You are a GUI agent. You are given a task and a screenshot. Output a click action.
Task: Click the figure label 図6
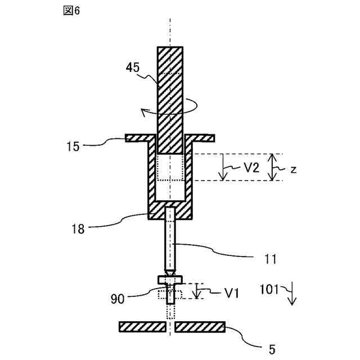point(72,12)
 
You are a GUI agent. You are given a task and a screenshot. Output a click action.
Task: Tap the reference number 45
point(133,67)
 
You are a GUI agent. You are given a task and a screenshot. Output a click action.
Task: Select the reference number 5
point(272,349)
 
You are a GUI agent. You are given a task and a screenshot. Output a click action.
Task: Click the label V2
point(251,167)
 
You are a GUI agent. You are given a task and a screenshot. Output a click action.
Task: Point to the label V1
point(232,292)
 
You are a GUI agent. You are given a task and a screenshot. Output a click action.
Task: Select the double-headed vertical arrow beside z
point(272,167)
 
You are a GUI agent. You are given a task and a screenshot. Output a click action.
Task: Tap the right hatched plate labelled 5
point(200,327)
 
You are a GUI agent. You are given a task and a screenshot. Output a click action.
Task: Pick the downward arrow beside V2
point(224,168)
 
